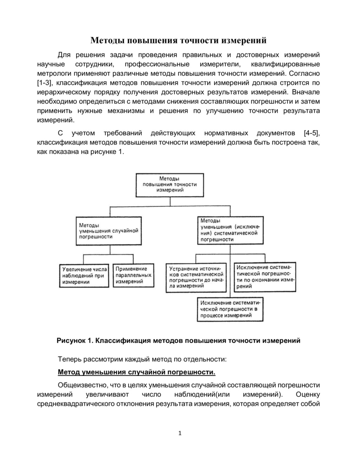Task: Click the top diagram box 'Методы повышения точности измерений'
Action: click(170, 185)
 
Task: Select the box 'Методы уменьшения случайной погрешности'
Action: click(109, 231)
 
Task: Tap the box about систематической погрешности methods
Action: click(230, 230)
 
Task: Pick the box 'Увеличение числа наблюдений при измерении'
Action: click(84, 276)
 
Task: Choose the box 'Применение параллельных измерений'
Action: click(134, 275)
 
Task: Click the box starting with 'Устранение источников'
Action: click(196, 277)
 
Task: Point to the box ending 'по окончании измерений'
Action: click(265, 277)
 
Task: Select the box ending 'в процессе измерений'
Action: click(230, 309)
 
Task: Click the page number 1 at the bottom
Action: click(180, 433)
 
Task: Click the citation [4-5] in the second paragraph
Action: click(311, 133)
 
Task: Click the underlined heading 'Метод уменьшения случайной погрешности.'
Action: click(136, 372)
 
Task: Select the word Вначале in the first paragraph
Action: click(306, 92)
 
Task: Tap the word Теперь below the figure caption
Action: click(69, 359)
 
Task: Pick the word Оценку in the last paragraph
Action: click(308, 394)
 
